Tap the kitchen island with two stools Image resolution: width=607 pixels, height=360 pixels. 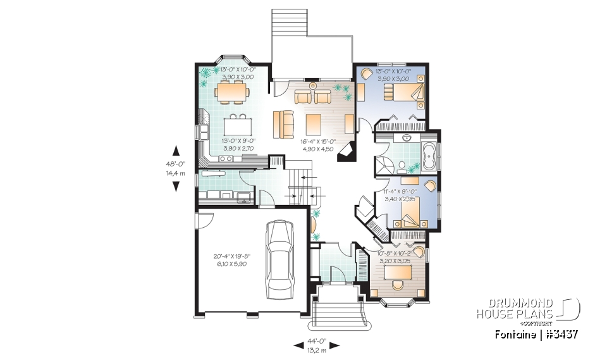(236, 122)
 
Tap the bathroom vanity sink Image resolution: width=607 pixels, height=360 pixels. (407, 137)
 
